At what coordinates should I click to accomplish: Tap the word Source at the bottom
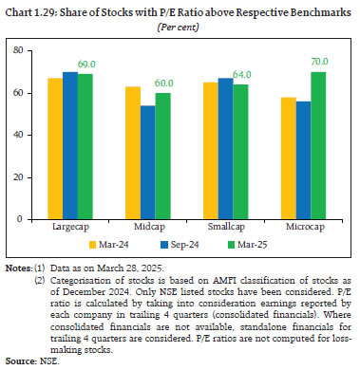(x=16, y=361)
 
